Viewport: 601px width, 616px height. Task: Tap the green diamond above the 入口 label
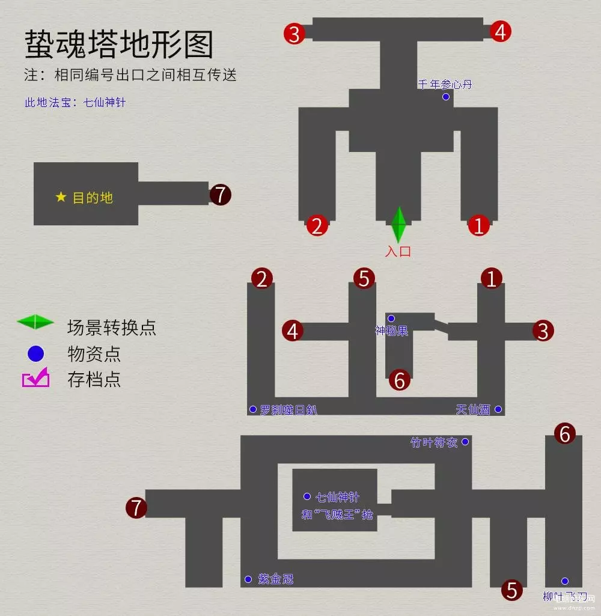(x=398, y=224)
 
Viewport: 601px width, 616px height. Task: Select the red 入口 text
(x=398, y=251)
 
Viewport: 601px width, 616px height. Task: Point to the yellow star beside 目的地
(x=61, y=197)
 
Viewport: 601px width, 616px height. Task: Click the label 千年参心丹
(x=445, y=84)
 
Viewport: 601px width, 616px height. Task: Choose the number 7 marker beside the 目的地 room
(x=220, y=195)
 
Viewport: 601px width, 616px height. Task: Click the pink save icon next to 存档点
(x=35, y=379)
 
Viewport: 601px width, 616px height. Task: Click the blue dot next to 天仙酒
(x=498, y=410)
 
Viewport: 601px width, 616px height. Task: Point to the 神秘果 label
(x=392, y=330)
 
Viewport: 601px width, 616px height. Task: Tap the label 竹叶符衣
(x=434, y=443)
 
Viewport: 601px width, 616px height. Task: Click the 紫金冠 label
(x=276, y=579)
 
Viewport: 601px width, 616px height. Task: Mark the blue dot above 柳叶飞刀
(x=565, y=581)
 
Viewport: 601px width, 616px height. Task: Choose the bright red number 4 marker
(x=501, y=32)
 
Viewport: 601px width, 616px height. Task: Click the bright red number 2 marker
(x=317, y=225)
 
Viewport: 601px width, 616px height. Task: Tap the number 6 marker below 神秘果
(x=400, y=379)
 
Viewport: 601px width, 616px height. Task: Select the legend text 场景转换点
(x=112, y=328)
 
